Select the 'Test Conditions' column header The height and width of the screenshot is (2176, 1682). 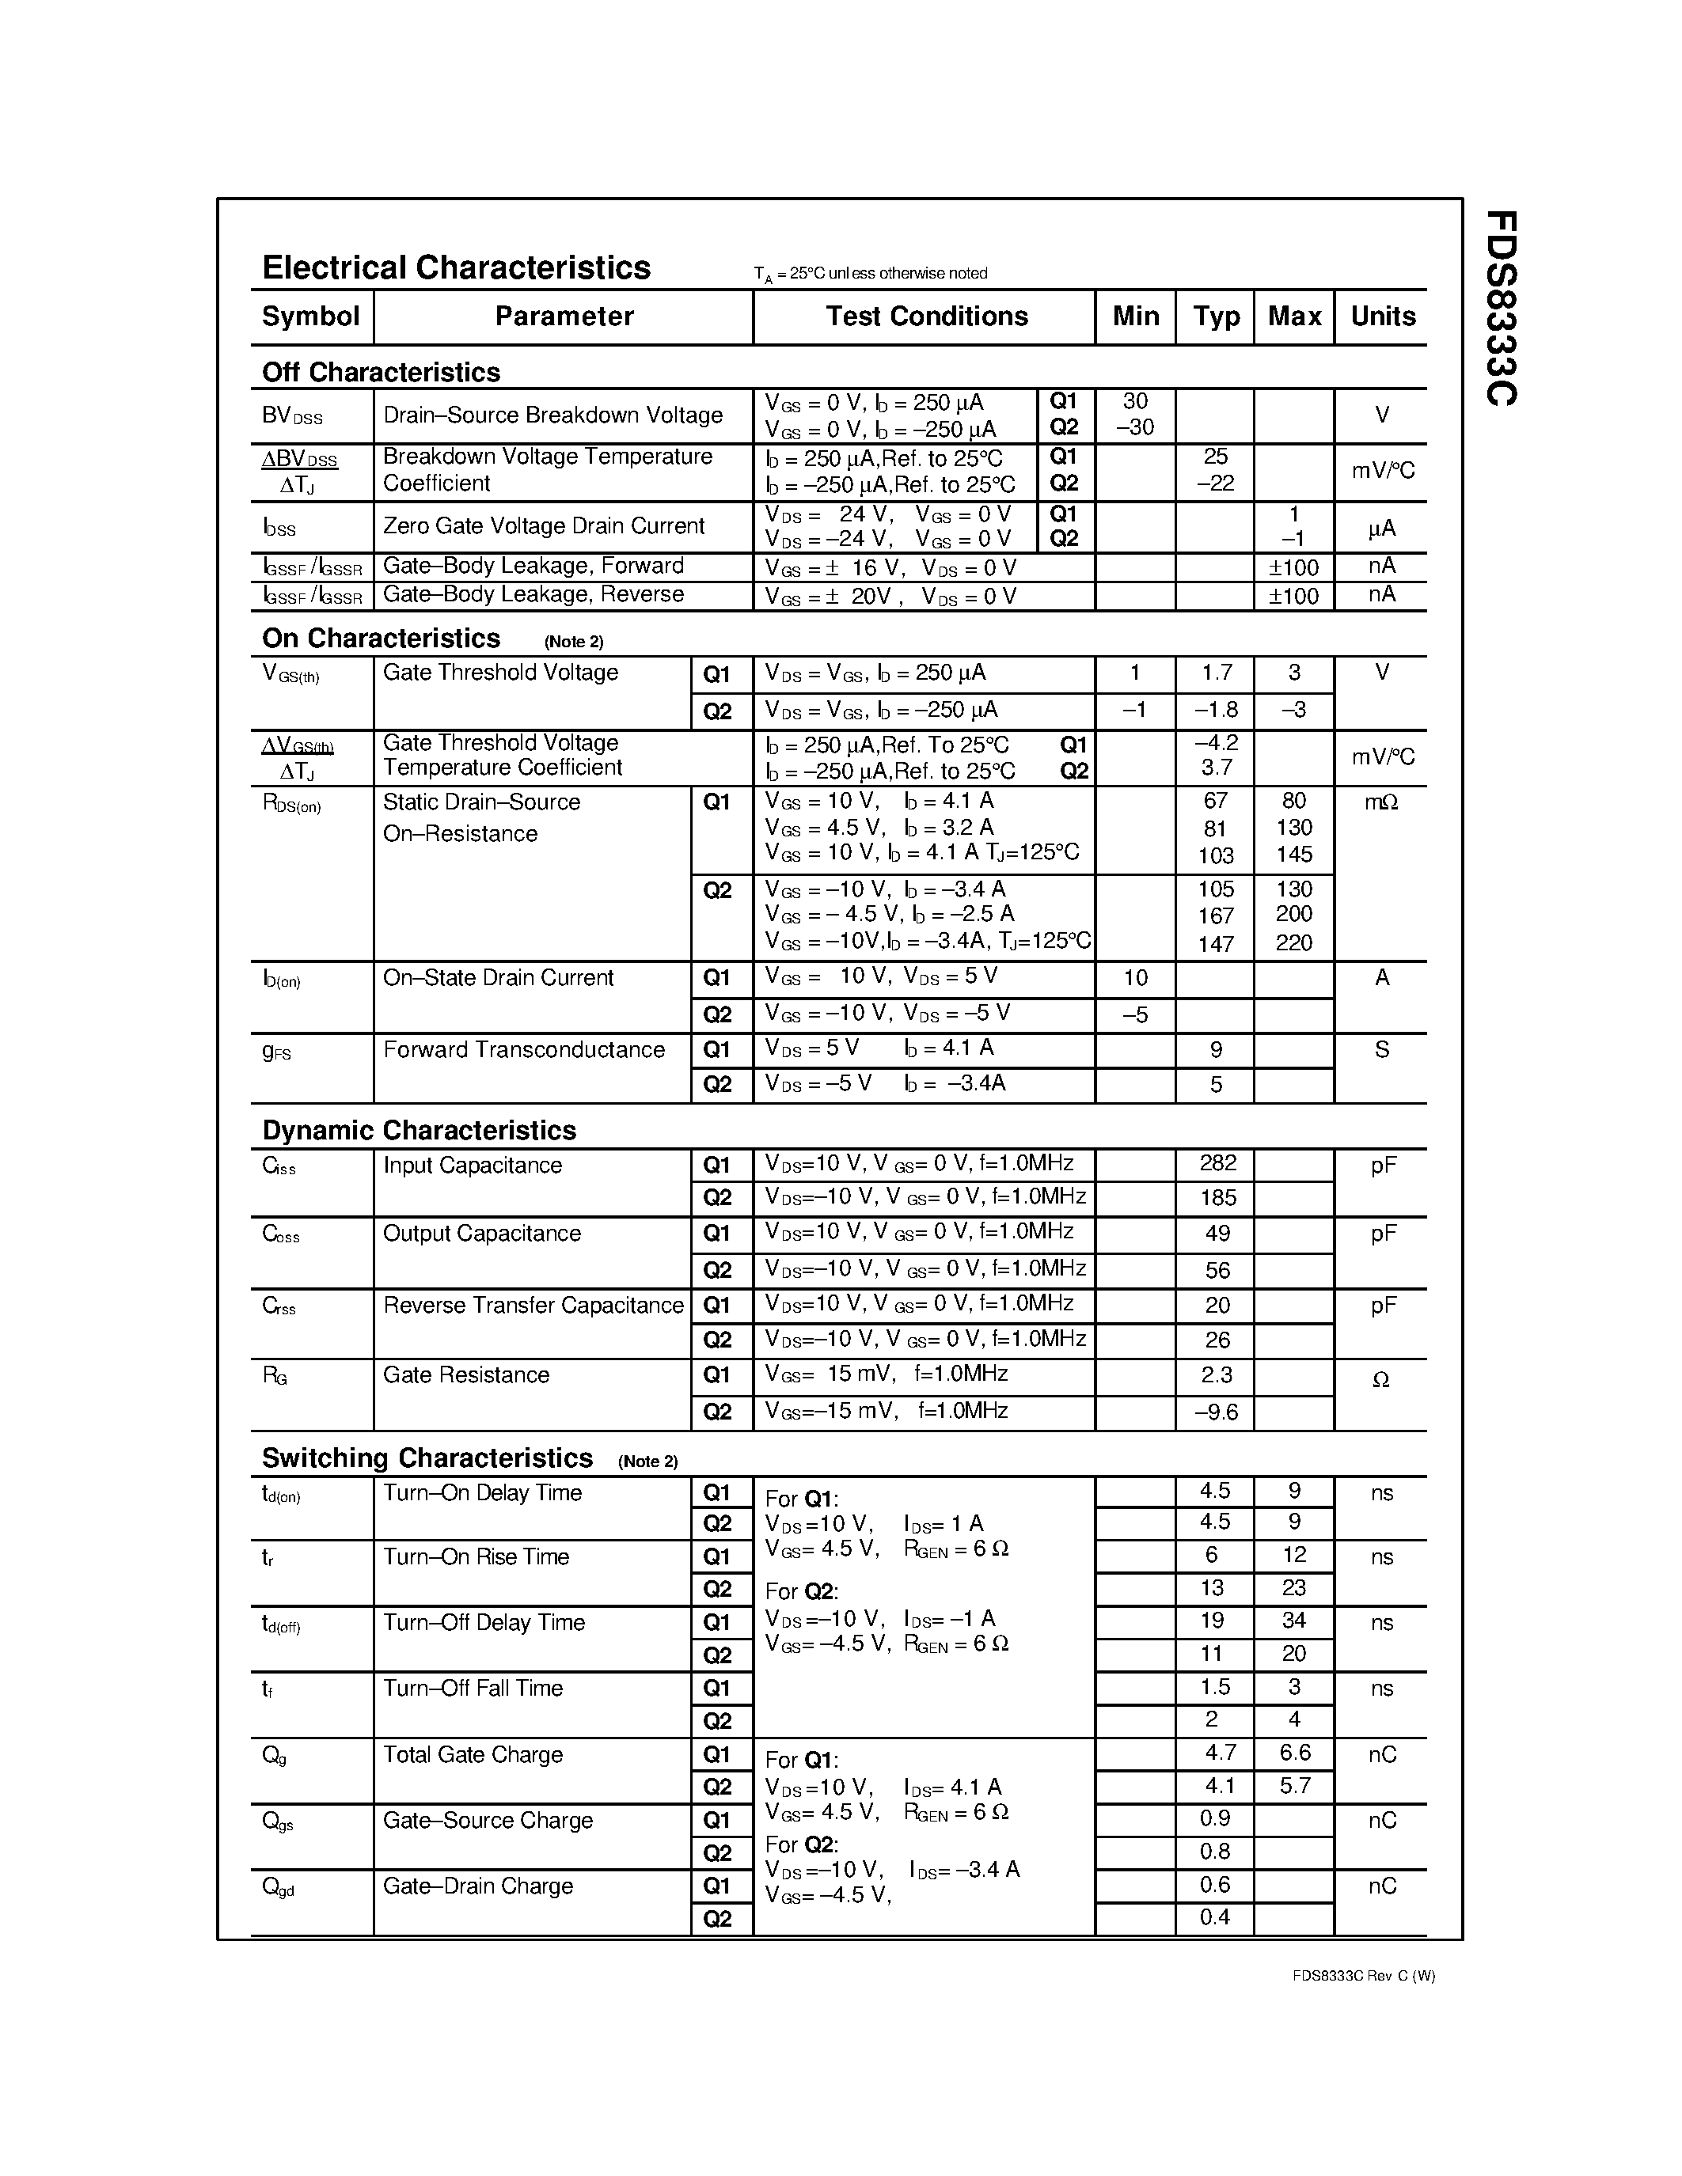tap(926, 316)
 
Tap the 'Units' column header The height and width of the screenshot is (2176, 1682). tap(1382, 316)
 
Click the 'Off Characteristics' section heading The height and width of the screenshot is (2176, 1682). tap(381, 372)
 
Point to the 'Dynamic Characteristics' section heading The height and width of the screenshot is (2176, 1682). tap(419, 1130)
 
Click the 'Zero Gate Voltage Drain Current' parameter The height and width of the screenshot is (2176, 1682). tap(543, 525)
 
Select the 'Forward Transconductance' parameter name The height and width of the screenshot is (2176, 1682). tap(523, 1049)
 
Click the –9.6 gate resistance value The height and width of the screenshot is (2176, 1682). tap(1216, 1412)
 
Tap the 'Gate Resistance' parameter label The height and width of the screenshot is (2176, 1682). tap(465, 1375)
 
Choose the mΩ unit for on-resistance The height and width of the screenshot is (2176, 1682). tap(1381, 802)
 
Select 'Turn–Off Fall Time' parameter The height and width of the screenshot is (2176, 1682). tap(473, 1688)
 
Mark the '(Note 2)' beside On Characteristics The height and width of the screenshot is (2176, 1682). tap(574, 642)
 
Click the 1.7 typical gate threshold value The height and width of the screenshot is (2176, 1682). tap(1217, 673)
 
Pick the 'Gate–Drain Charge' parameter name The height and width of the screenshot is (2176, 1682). tap(477, 1886)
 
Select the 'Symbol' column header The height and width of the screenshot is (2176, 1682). tap(310, 316)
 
